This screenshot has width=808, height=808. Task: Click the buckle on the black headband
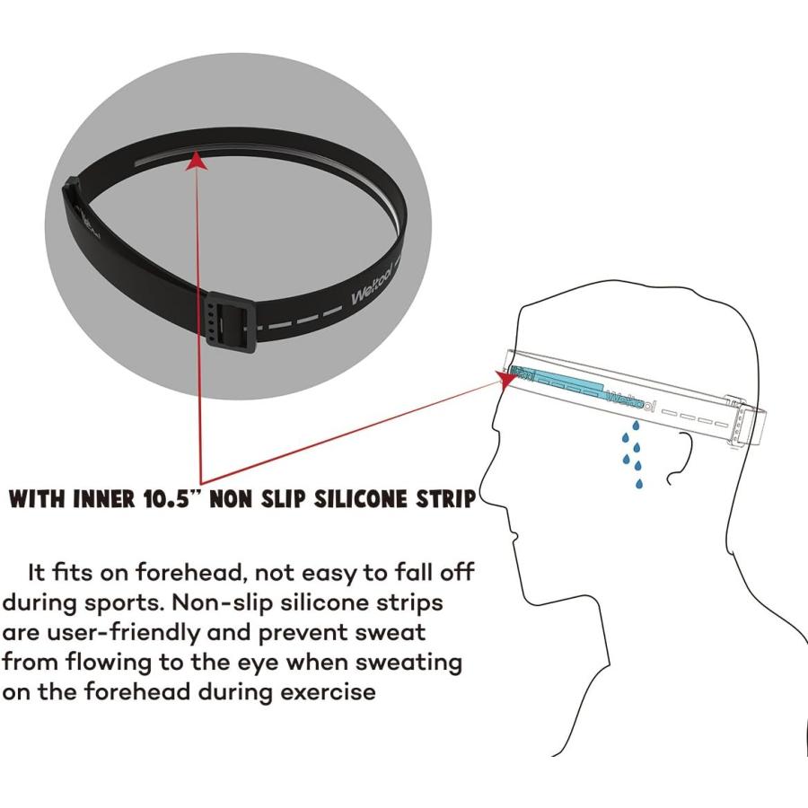pyautogui.click(x=231, y=322)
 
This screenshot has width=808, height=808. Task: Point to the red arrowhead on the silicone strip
pyautogui.click(x=196, y=161)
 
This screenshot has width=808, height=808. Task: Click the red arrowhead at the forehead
pyautogui.click(x=506, y=379)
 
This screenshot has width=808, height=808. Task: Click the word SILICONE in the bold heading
pyautogui.click(x=358, y=499)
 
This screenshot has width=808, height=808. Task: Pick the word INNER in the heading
pyautogui.click(x=105, y=499)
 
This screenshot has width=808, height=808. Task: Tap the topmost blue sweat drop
pyautogui.click(x=636, y=426)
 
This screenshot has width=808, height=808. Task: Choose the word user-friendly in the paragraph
pyautogui.click(x=123, y=633)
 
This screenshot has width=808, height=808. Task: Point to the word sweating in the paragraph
pyautogui.click(x=408, y=663)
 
